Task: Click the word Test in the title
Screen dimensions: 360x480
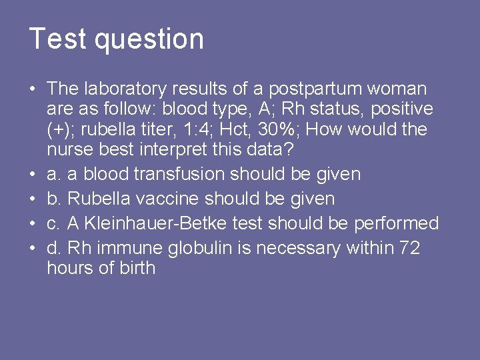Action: coord(59,39)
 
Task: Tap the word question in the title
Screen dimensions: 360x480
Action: coord(149,40)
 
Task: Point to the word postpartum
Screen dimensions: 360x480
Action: coord(320,89)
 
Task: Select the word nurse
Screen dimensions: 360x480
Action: coord(68,149)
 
